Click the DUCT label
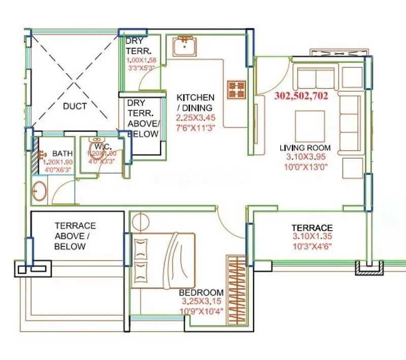click(x=75, y=106)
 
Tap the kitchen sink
click(x=185, y=46)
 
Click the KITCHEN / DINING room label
click(x=195, y=102)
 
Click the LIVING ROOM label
click(x=305, y=148)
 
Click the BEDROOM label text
click(x=201, y=293)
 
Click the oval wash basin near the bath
click(x=40, y=191)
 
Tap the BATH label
click(x=62, y=153)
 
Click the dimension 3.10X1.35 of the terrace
click(x=312, y=237)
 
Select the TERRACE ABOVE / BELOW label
click(x=75, y=236)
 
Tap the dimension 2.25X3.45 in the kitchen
click(x=195, y=117)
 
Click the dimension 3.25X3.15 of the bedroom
click(x=201, y=301)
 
